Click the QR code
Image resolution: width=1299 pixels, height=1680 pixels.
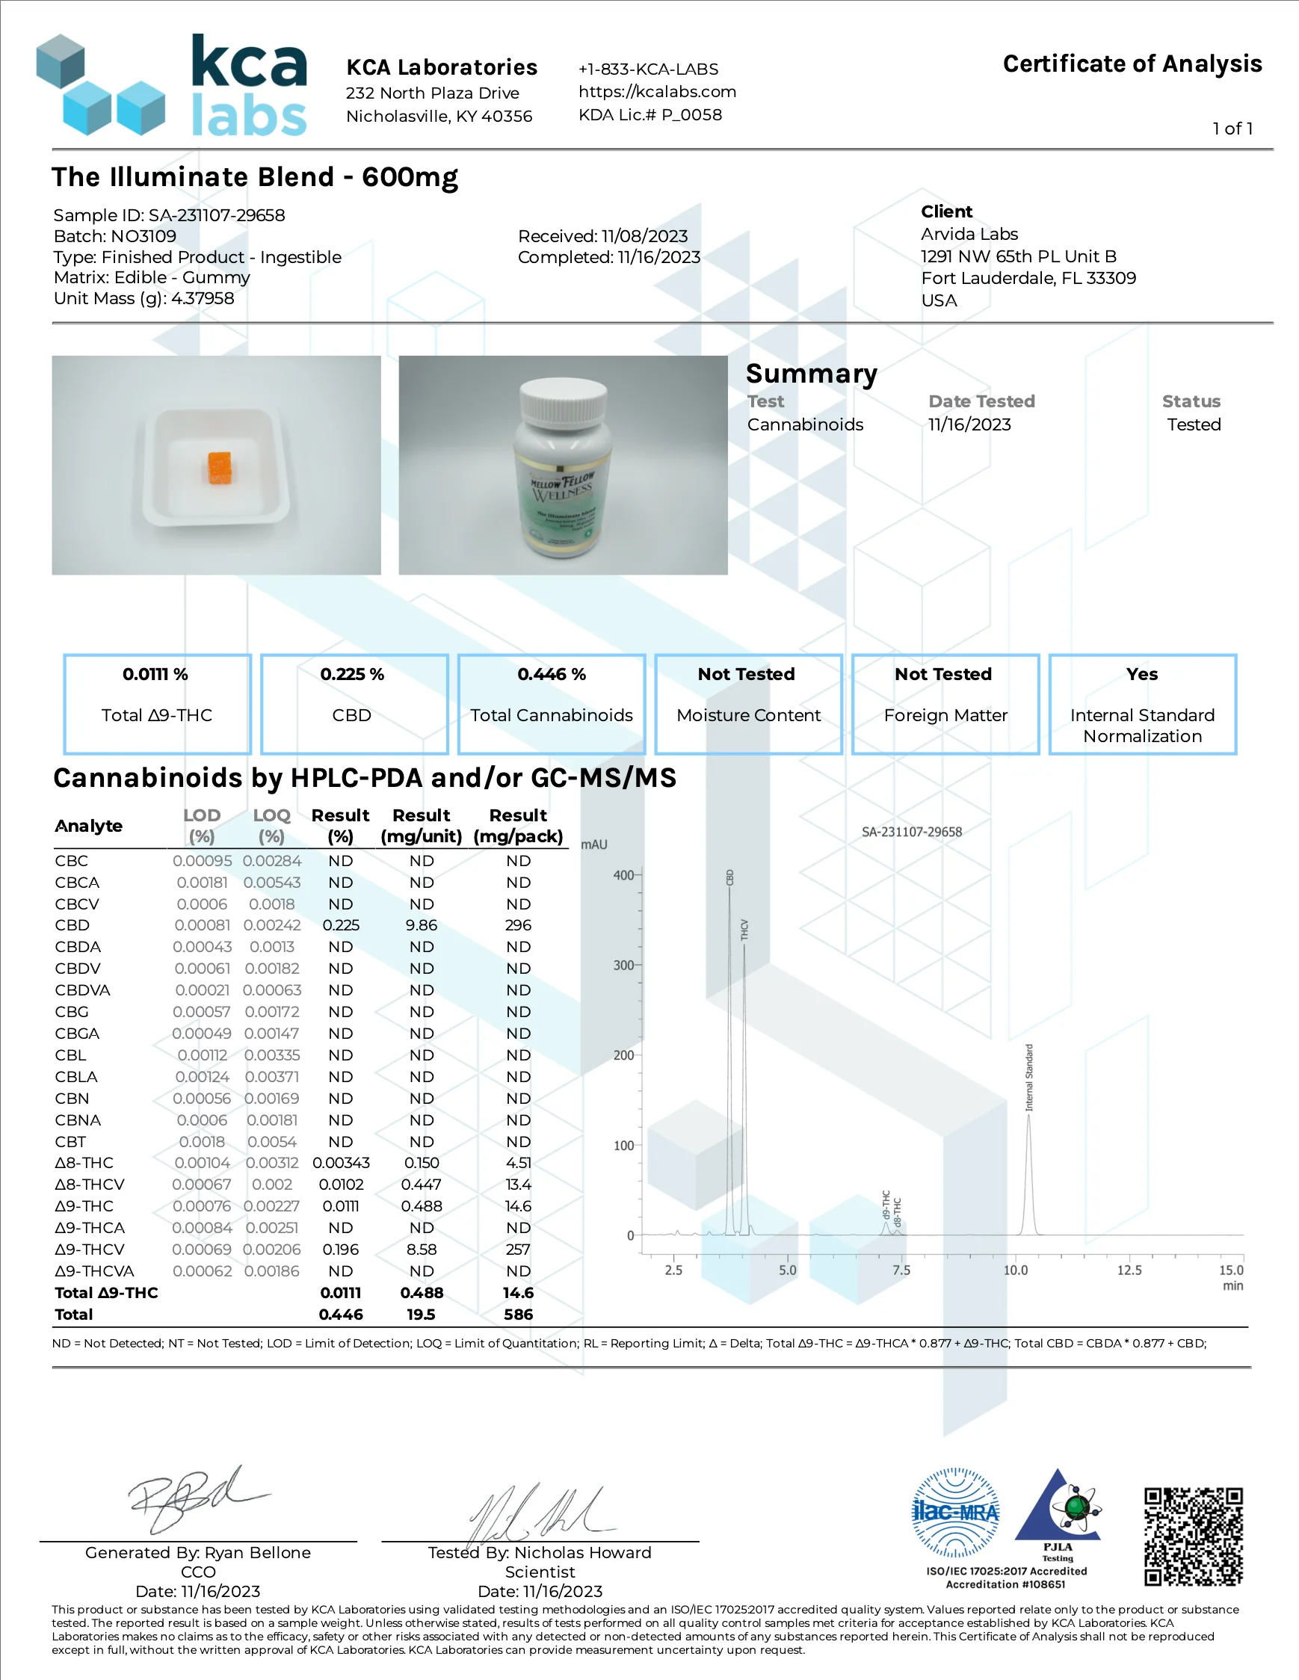click(1193, 1537)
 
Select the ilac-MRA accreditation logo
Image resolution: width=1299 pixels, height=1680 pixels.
click(955, 1513)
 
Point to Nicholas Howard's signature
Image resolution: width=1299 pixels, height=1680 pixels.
click(538, 1513)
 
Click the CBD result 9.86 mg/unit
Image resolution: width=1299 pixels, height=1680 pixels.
click(422, 925)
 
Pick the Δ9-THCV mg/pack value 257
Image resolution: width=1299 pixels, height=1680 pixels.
click(518, 1250)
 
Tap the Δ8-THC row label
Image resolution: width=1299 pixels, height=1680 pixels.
click(84, 1163)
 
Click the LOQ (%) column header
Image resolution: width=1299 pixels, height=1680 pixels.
click(271, 825)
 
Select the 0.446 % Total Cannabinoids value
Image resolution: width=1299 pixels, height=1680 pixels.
click(551, 675)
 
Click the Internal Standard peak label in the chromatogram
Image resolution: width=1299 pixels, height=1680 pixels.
click(1029, 1077)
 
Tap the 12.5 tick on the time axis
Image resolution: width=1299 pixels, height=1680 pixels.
click(1129, 1270)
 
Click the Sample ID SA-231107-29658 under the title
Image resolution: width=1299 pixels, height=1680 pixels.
click(169, 215)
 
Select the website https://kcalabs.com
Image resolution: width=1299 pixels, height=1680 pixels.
click(658, 93)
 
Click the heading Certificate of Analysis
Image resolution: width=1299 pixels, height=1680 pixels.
click(1132, 64)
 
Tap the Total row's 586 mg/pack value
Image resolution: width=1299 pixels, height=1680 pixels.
click(519, 1315)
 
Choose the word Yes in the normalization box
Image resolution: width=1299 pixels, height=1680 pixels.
click(1142, 675)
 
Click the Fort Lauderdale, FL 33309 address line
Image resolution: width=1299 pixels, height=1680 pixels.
click(1028, 279)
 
